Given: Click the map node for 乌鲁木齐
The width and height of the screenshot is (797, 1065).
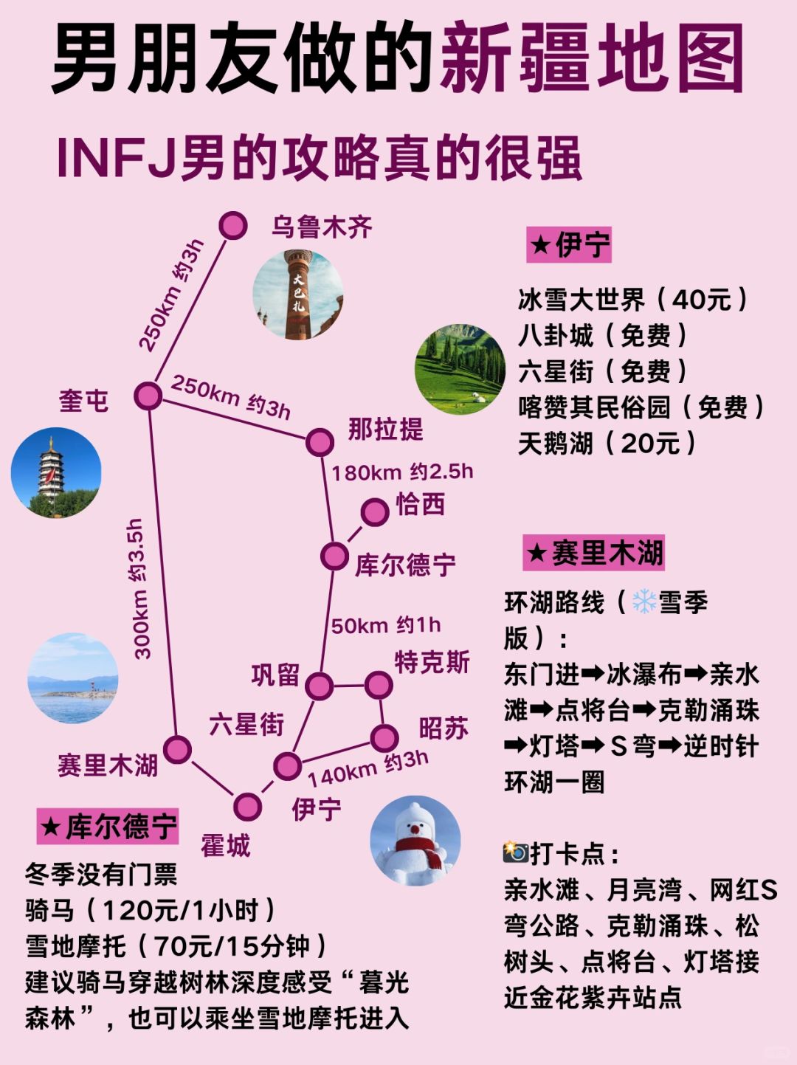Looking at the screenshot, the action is click(233, 225).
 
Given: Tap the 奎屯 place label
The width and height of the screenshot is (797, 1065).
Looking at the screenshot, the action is click(83, 401).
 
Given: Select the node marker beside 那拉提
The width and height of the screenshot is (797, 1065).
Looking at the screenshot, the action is click(320, 442).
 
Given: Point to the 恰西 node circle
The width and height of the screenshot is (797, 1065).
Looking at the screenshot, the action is click(375, 511).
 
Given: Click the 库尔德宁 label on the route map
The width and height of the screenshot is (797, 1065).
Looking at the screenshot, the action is click(405, 565).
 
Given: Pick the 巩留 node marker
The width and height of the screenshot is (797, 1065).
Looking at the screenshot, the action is click(319, 686).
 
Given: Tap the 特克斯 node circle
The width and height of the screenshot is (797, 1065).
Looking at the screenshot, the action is click(379, 685).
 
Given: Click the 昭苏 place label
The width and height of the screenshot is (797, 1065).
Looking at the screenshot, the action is click(444, 728).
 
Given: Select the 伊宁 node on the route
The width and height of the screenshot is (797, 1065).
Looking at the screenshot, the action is click(287, 766).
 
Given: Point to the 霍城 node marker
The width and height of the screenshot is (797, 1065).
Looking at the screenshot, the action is click(247, 807).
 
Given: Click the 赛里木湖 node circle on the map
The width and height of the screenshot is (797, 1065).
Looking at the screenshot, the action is click(177, 749).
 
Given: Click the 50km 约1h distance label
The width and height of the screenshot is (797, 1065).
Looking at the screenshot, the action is click(385, 626).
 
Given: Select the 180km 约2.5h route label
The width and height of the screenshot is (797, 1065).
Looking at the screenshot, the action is click(402, 472).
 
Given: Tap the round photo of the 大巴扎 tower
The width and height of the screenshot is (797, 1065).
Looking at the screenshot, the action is click(298, 294).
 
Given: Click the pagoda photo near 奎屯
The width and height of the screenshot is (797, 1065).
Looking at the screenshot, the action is click(56, 472).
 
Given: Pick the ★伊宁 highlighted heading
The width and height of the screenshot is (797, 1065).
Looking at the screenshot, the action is click(568, 245).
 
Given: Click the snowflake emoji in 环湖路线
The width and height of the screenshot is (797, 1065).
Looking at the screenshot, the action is click(644, 602).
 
